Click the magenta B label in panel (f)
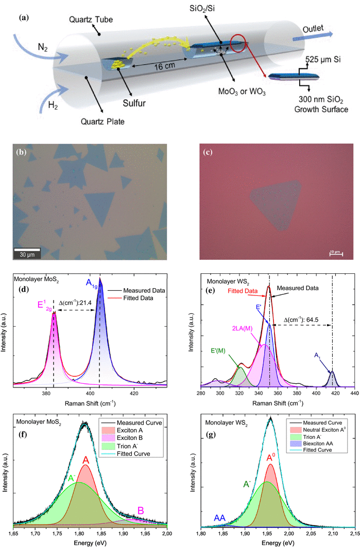click(x=140, y=510)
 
